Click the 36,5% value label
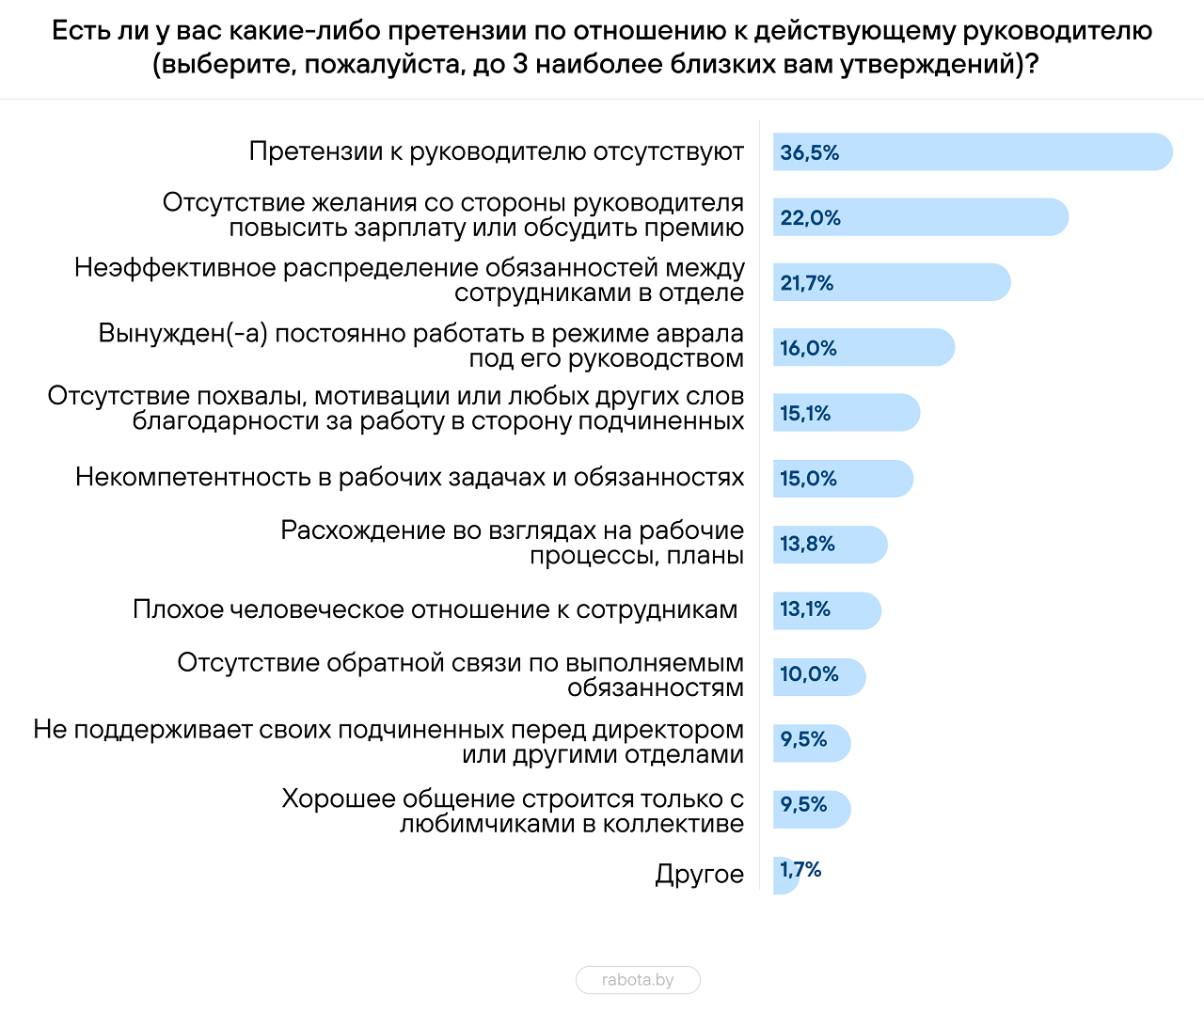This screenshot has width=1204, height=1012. point(809,153)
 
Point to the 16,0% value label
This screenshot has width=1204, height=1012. point(808,349)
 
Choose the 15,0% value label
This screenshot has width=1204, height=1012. point(808,479)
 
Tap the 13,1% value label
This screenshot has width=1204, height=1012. point(805,609)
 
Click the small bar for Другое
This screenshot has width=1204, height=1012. point(785,875)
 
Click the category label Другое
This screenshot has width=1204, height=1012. point(699,875)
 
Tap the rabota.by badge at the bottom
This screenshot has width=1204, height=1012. point(638,980)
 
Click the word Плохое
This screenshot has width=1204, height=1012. point(178,609)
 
